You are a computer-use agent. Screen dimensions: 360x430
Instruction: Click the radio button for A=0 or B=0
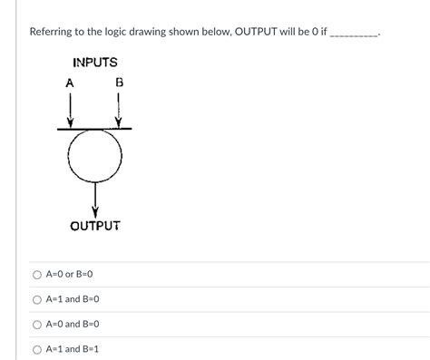(x=37, y=274)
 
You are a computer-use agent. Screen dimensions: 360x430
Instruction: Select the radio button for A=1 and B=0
(x=37, y=299)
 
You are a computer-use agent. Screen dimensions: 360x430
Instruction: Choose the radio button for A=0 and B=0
(x=37, y=324)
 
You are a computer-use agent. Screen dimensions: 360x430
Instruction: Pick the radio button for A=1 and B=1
(x=37, y=349)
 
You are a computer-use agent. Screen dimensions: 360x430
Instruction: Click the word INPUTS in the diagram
(x=95, y=63)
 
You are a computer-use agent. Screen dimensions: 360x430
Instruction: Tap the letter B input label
(x=119, y=83)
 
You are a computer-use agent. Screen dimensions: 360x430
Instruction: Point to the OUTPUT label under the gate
(x=95, y=224)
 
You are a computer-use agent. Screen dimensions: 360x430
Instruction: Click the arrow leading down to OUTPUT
(x=94, y=198)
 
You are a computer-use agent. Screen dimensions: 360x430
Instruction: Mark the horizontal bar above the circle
(x=94, y=129)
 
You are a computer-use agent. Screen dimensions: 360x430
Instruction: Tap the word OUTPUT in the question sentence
(x=260, y=32)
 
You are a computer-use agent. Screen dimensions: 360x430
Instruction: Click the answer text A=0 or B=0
(x=70, y=274)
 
